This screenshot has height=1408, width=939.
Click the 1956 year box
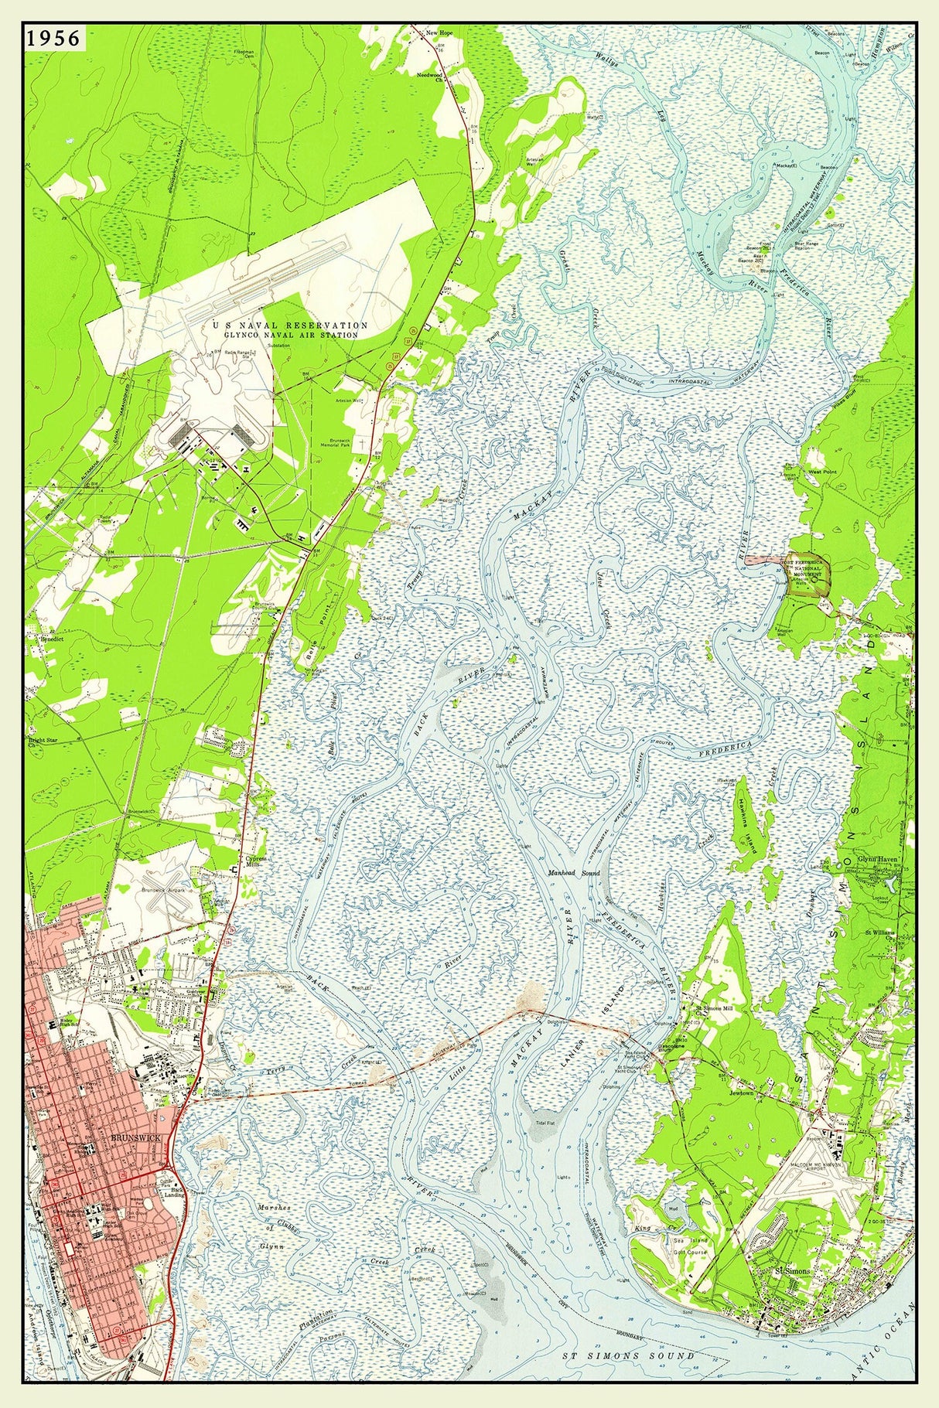pos(53,39)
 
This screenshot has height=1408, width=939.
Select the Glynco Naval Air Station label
pos(291,331)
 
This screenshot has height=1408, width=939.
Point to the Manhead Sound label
pos(575,872)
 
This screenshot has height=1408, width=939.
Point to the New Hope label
pos(438,33)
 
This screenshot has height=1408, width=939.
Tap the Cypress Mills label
pos(256,862)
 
